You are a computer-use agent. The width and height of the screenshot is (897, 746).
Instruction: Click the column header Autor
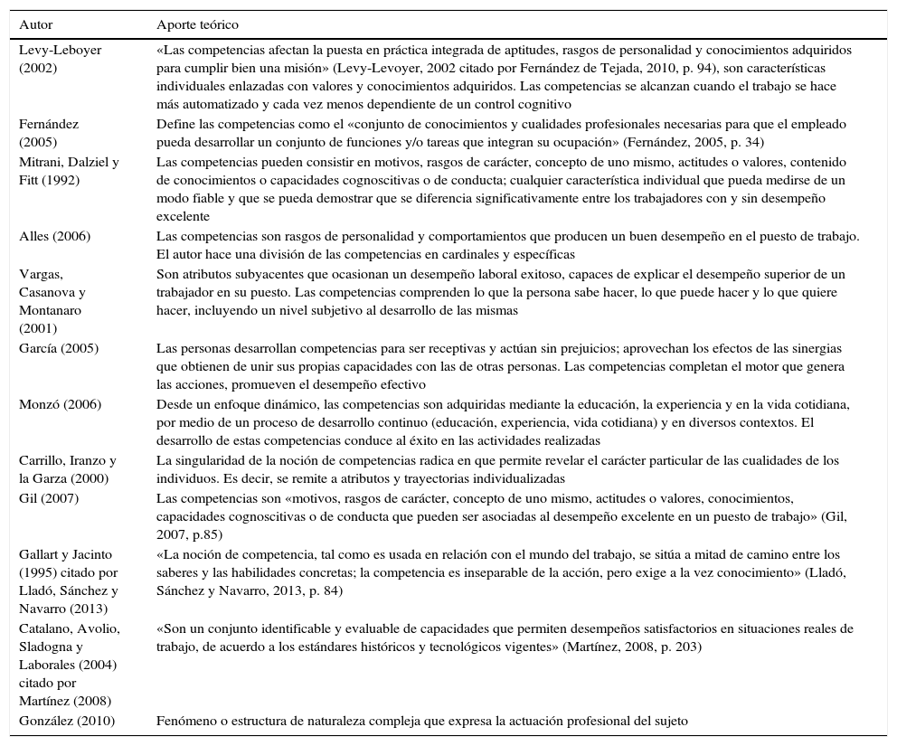click(x=36, y=24)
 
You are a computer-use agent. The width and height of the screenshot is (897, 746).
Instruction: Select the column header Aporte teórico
click(x=197, y=24)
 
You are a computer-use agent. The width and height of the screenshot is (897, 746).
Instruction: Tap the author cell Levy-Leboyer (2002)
click(x=60, y=59)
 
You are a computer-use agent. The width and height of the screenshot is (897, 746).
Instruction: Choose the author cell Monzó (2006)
click(x=57, y=404)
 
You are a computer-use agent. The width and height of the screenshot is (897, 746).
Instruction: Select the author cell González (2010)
click(x=68, y=721)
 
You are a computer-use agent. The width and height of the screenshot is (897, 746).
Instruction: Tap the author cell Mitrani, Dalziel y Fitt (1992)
click(x=69, y=171)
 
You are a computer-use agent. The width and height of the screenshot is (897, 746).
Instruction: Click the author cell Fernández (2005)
click(x=50, y=133)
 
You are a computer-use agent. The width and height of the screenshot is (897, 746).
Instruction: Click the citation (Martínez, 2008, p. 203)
click(x=631, y=647)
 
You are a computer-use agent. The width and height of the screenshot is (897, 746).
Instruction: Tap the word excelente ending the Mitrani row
click(x=183, y=216)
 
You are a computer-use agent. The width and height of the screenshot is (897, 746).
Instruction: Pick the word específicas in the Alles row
click(x=545, y=254)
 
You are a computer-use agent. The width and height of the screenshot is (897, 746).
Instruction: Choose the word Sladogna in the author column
click(x=47, y=647)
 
